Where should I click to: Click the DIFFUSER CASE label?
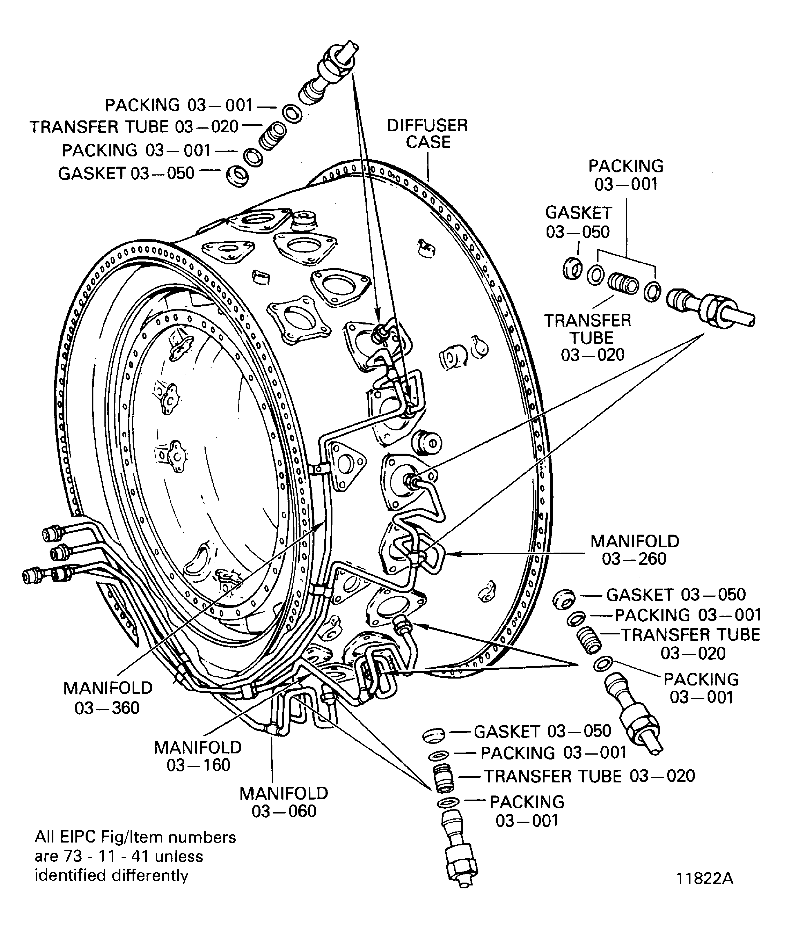click(427, 134)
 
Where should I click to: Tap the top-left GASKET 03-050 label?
click(126, 173)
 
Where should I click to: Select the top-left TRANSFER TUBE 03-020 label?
click(134, 127)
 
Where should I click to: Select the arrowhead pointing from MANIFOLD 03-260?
click(451, 553)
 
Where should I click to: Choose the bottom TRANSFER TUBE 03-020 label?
click(589, 776)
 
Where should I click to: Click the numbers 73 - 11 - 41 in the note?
click(99, 856)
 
